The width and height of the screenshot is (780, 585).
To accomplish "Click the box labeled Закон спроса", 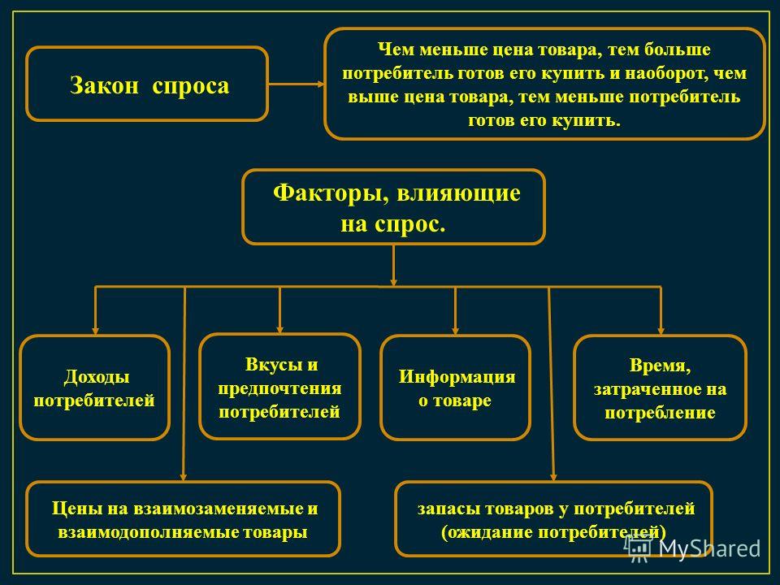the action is [147, 84].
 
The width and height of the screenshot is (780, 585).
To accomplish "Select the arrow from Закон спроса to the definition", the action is [297, 84].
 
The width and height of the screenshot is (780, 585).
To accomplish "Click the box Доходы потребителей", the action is [94, 388].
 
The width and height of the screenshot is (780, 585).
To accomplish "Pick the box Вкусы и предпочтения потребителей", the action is [279, 387].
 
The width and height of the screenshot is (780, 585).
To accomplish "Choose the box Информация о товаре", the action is [456, 388].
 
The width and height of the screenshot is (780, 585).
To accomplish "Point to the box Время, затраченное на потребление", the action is [660, 388].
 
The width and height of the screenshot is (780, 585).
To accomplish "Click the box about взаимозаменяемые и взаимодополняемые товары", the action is [184, 519].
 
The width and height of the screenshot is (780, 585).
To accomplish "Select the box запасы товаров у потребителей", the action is [553, 519].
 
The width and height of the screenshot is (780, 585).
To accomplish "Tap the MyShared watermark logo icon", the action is [639, 548].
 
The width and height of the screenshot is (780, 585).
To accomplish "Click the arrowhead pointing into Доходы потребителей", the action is [95, 331].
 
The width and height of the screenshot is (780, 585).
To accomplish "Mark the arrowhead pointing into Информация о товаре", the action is [455, 331].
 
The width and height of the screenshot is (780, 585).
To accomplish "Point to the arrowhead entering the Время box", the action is [661, 331].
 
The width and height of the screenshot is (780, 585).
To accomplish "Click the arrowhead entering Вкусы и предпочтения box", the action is [279, 329].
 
